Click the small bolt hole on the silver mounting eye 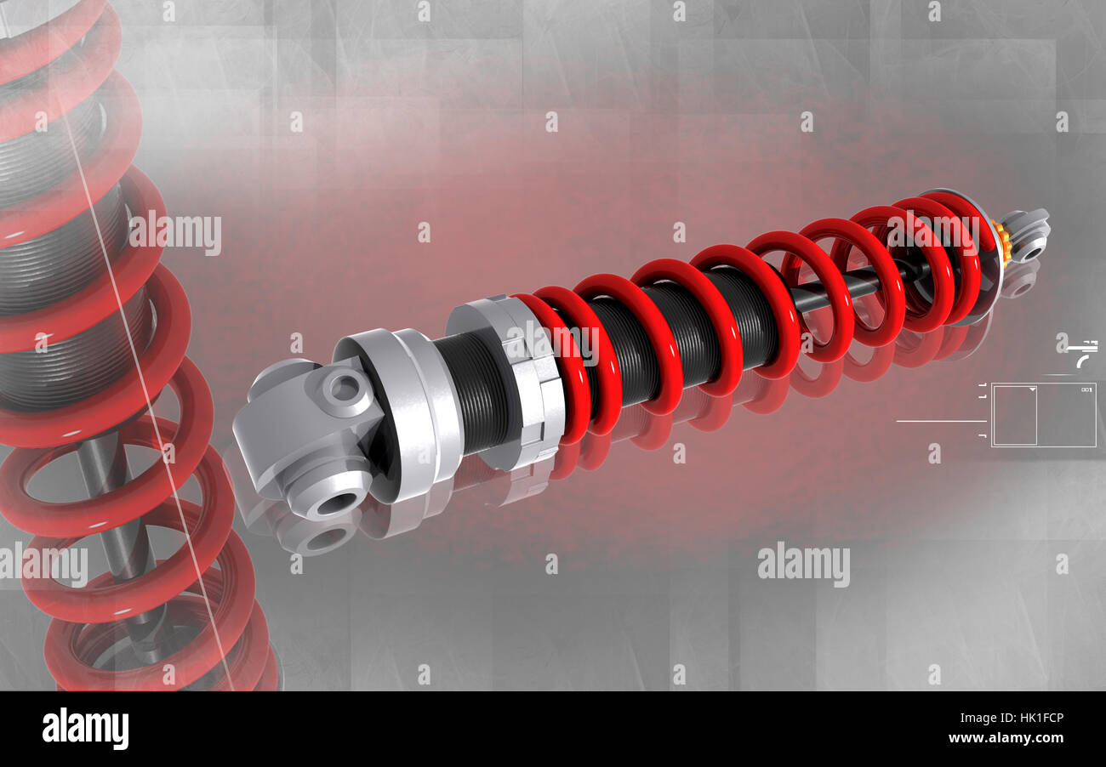pos(345,389)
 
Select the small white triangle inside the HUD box pos(1032,389)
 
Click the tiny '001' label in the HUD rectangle pos(1086,389)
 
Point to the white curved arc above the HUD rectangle pos(1082,361)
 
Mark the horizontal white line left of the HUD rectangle pos(940,421)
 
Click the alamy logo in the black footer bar pos(85,729)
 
